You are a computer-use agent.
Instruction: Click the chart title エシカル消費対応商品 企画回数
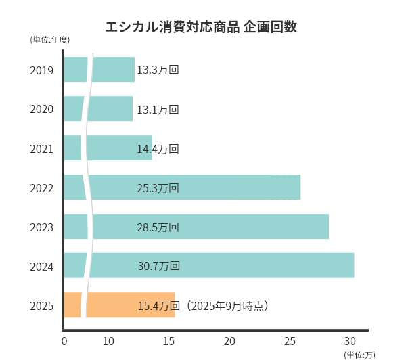click(x=202, y=28)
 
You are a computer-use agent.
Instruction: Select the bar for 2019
click(x=112, y=70)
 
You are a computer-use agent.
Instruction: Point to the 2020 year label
click(x=42, y=109)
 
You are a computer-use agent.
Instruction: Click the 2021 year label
click(x=42, y=148)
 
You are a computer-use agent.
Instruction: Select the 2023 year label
click(x=42, y=227)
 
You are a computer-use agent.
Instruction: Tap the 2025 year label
click(x=42, y=305)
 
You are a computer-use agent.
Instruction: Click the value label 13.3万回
click(x=158, y=70)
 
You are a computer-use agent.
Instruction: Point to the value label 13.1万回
click(x=158, y=109)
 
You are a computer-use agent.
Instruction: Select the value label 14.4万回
click(x=158, y=148)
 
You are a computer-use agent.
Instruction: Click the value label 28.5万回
click(x=158, y=227)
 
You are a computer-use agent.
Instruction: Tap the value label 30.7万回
click(x=158, y=266)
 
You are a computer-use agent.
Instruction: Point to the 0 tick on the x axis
click(x=64, y=340)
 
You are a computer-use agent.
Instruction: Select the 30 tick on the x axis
click(x=350, y=340)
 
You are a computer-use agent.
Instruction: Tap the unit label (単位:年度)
click(x=50, y=40)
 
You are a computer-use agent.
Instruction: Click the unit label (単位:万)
click(x=359, y=355)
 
